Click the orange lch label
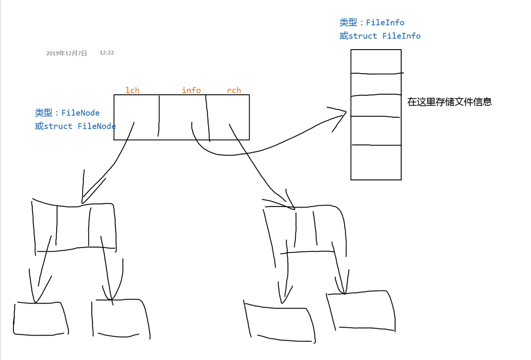point(132,90)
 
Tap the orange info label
point(191,90)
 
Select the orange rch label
point(234,90)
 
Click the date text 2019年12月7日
point(67,53)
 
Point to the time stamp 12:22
point(107,53)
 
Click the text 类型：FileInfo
point(372,22)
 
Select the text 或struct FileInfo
point(380,36)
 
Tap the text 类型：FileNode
point(67,113)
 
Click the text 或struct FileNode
point(75,126)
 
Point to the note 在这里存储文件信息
point(450,102)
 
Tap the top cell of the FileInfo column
point(376,61)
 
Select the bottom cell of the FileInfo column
point(376,162)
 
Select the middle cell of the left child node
point(73,227)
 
